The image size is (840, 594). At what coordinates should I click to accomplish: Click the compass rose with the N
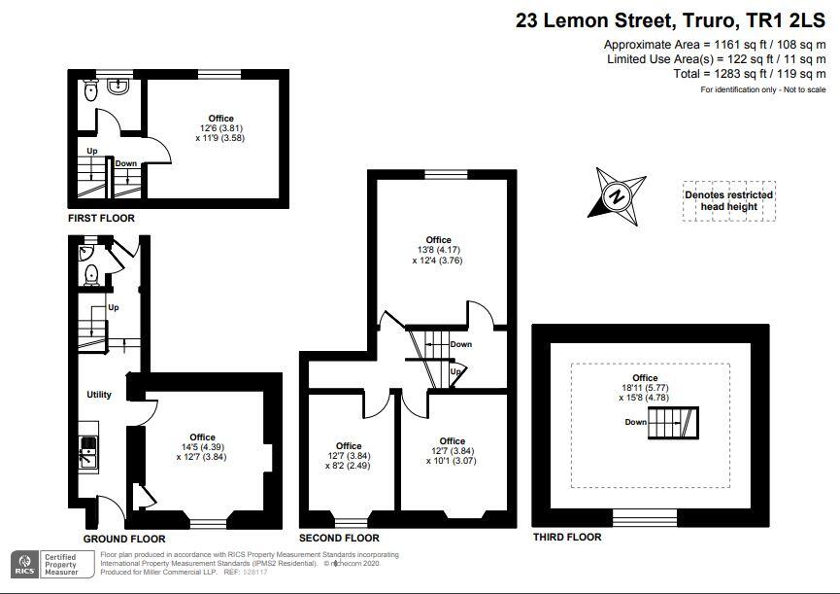click(x=618, y=196)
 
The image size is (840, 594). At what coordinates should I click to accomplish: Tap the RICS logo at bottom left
click(x=24, y=565)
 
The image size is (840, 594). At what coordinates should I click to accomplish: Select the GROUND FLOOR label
click(x=124, y=539)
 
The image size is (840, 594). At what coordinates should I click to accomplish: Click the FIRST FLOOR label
click(x=101, y=218)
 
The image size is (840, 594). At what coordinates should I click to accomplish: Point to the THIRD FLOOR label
click(x=567, y=537)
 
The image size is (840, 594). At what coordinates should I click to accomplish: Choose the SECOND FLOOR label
click(x=339, y=538)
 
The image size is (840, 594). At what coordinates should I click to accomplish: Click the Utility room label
click(x=99, y=395)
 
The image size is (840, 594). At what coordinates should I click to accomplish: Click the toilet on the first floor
click(x=91, y=89)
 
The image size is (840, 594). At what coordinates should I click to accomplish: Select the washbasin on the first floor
click(x=118, y=87)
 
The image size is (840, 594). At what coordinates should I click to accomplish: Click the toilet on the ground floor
click(x=92, y=274)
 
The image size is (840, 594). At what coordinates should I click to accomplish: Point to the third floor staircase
click(x=673, y=423)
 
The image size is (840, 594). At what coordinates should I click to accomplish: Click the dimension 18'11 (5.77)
click(x=645, y=388)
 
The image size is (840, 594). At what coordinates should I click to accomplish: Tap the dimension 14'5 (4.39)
click(x=203, y=447)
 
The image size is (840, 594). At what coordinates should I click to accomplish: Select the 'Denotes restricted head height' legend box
click(x=729, y=201)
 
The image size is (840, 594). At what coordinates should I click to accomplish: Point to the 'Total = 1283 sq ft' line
click(x=750, y=74)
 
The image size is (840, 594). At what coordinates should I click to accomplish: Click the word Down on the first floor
click(x=126, y=163)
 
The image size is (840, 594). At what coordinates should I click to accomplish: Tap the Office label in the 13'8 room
click(x=438, y=239)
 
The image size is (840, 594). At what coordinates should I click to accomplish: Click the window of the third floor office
click(x=645, y=518)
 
